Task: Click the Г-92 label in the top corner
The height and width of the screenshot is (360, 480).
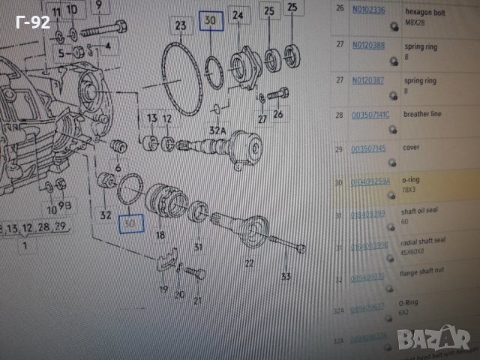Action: (34, 22)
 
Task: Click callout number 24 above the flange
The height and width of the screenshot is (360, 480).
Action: (238, 15)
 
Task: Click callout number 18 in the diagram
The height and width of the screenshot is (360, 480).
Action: (160, 235)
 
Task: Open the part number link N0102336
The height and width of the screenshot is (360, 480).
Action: (369, 10)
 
